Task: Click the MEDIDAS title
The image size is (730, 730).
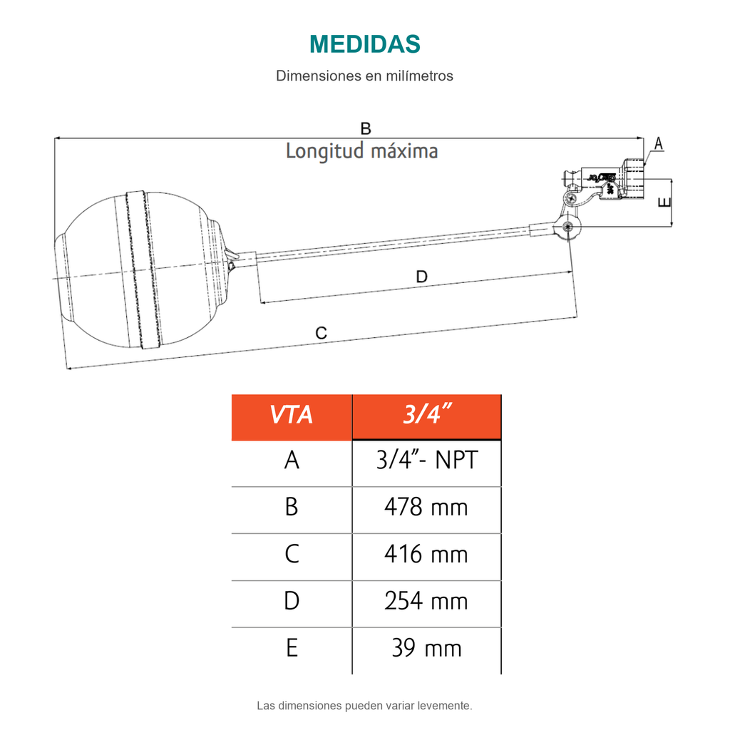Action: (x=364, y=44)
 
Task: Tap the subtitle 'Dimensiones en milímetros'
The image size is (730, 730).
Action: (x=364, y=76)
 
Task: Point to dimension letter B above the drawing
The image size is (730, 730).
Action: (x=366, y=128)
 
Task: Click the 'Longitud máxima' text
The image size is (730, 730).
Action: (x=361, y=151)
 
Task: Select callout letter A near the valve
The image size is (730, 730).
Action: (x=658, y=143)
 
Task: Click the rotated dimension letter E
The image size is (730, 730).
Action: (x=664, y=202)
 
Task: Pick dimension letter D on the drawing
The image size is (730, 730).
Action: (x=421, y=277)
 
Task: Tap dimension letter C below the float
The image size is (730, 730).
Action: (x=322, y=333)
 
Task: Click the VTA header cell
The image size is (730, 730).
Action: (x=292, y=416)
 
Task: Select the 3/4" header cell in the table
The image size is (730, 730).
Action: (x=427, y=416)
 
